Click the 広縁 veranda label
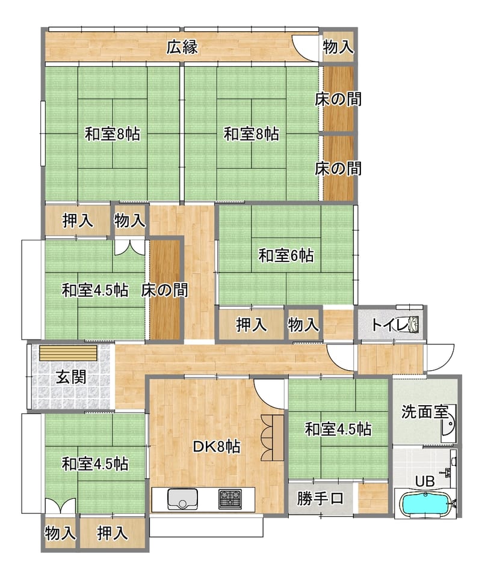coord(182,47)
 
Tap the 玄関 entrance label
coord(71,377)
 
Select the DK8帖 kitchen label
coord(217,447)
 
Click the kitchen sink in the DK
coord(182,499)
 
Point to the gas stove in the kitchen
coord(230,499)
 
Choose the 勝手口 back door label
coord(320,498)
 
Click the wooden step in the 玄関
coord(69,353)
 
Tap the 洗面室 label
coord(424,411)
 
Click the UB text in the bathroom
coord(425,481)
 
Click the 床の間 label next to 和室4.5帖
coord(164,290)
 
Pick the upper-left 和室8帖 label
coord(113,133)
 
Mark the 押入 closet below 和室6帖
coord(252,324)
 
